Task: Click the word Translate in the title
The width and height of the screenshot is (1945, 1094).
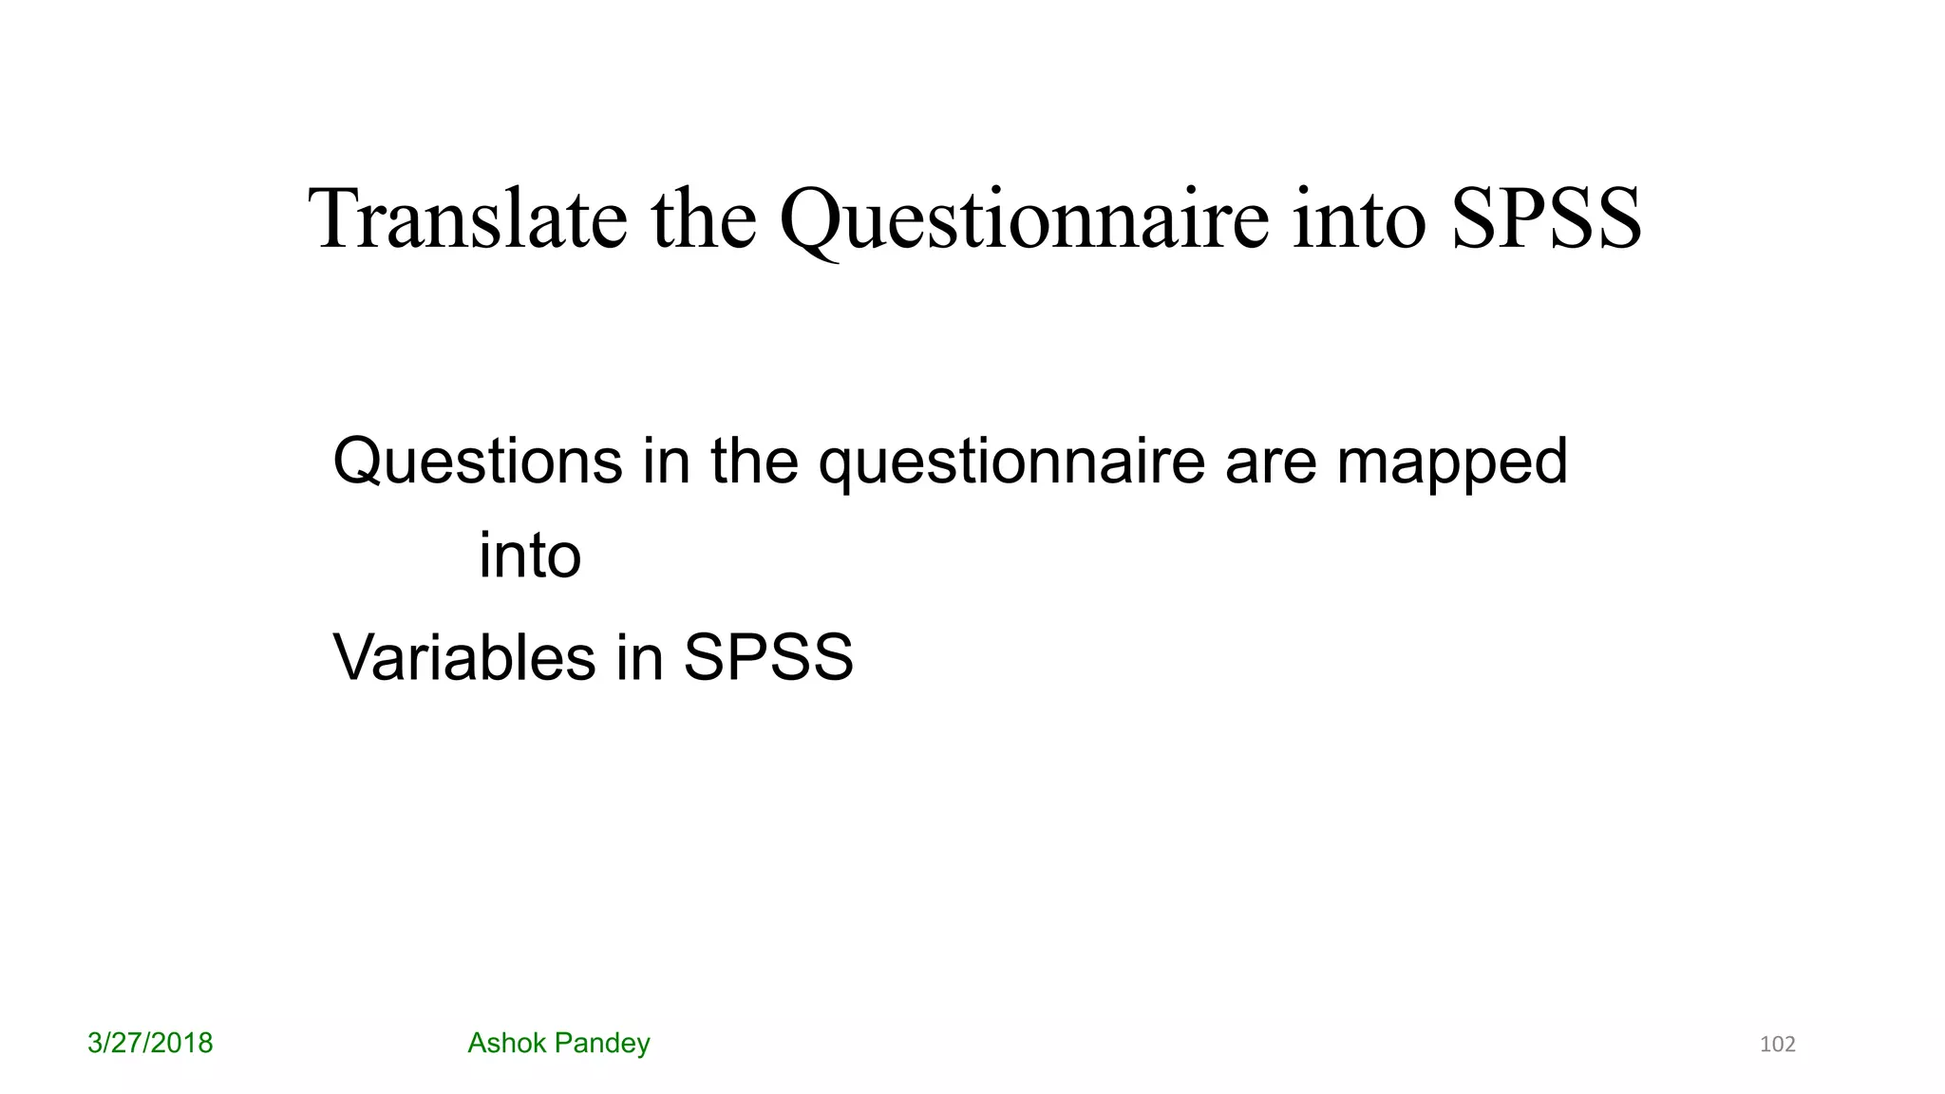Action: pyautogui.click(x=467, y=219)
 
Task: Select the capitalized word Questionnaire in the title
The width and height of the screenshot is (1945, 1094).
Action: pyautogui.click(x=1024, y=219)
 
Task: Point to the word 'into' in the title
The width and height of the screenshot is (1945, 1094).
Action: pyautogui.click(x=1359, y=219)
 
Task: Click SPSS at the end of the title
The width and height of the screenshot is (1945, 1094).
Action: pyautogui.click(x=1546, y=219)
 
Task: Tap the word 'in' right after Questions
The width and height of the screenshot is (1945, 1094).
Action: pyautogui.click(x=666, y=462)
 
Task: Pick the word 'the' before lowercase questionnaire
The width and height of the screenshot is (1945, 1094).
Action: pyautogui.click(x=754, y=462)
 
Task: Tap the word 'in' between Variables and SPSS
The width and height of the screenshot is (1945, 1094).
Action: pyautogui.click(x=638, y=657)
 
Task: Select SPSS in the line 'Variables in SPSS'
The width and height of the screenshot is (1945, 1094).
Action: pyautogui.click(x=768, y=657)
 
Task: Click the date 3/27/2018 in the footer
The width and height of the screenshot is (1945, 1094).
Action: pyautogui.click(x=150, y=1044)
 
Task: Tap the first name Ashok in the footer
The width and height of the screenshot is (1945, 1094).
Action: pyautogui.click(x=506, y=1044)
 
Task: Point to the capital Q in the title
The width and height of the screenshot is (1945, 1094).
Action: pyautogui.click(x=809, y=221)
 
